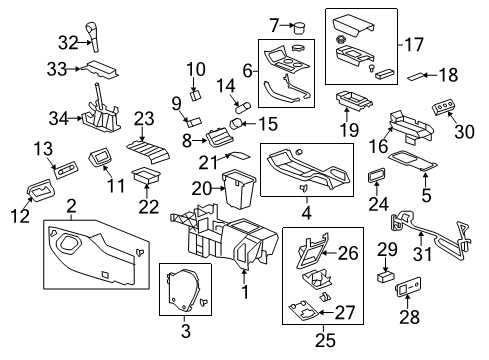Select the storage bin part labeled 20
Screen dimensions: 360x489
[238, 187]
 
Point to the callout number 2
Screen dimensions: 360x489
[71, 206]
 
